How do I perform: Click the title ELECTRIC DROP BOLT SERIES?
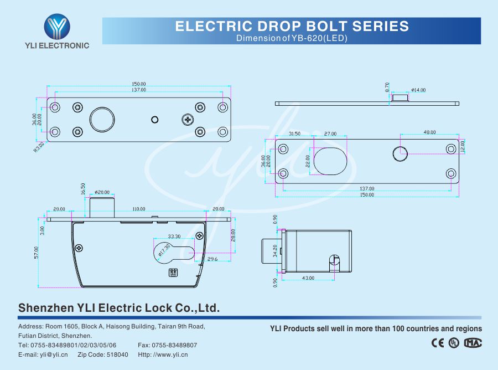[292, 26]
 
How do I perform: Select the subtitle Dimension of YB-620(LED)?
[292, 38]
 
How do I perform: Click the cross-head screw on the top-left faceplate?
[188, 119]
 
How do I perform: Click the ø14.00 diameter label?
[418, 90]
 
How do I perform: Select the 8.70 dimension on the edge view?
[387, 87]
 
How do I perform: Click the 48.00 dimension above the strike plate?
[429, 132]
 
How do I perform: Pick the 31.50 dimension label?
[294, 134]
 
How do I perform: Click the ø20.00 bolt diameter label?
[102, 192]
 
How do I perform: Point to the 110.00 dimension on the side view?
[138, 209]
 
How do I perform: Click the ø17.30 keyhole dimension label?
[163, 252]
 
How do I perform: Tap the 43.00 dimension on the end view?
[308, 278]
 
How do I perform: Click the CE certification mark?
[437, 343]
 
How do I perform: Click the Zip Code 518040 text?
[103, 354]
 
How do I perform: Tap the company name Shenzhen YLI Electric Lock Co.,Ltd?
[119, 307]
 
